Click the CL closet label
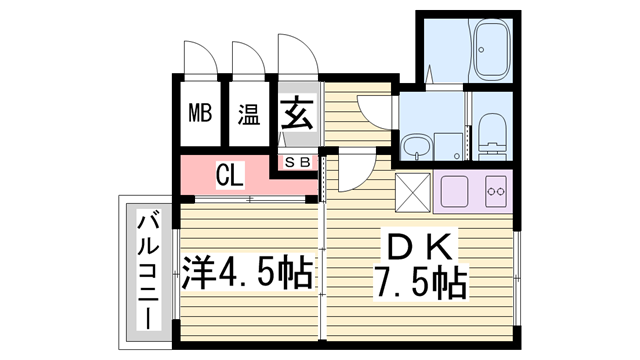(x=230, y=178)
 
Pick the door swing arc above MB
(x=199, y=56)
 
